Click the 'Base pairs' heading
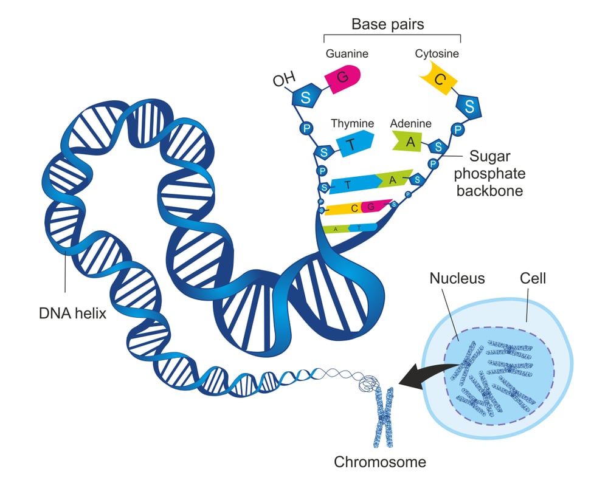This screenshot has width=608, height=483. click(x=387, y=25)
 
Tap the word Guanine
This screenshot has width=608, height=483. click(x=347, y=54)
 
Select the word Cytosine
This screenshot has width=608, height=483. click(x=437, y=54)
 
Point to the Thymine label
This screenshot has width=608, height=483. click(x=352, y=124)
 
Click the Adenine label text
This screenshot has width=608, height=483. click(x=410, y=124)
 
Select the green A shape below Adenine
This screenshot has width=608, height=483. click(x=409, y=142)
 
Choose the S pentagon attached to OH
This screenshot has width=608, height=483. click(x=306, y=97)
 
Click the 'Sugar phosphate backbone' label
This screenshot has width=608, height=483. click(x=494, y=173)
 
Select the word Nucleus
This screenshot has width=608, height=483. click(x=457, y=279)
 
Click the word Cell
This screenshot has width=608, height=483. click(x=533, y=279)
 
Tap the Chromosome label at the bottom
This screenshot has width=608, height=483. click(x=380, y=462)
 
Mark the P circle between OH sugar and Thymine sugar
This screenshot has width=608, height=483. click(x=308, y=128)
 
